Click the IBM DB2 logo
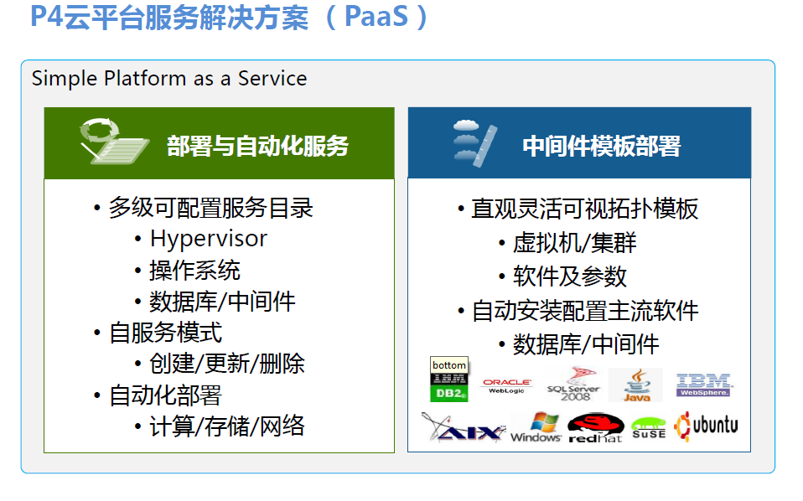pos(449,387)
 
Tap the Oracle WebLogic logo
pos(506,386)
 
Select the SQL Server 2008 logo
pos(575,385)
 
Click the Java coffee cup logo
pos(637,385)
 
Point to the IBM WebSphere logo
pos(704,385)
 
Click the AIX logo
pos(464,427)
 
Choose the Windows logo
pos(536,427)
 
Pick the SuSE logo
pos(649,428)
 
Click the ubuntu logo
pos(706,426)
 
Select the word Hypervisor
pos(209,240)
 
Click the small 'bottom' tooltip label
pos(449,365)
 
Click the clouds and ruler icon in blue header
pos(474,142)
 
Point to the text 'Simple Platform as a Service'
pos(169,79)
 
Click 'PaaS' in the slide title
pos(376,17)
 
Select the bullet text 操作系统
pos(194,271)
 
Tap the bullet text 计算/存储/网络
pos(227,426)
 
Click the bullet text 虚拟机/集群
pos(575,243)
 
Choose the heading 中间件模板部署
pos(602,147)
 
